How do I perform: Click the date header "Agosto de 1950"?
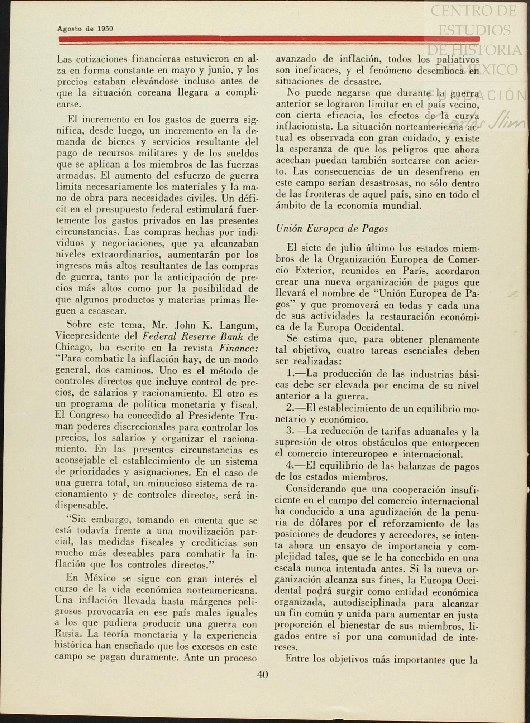(x=85, y=29)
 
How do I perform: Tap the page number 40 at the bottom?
(x=262, y=675)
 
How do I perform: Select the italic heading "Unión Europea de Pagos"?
(x=332, y=229)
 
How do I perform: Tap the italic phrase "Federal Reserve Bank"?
(x=192, y=336)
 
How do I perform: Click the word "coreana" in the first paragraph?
(x=156, y=93)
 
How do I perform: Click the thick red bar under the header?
(x=269, y=39)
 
